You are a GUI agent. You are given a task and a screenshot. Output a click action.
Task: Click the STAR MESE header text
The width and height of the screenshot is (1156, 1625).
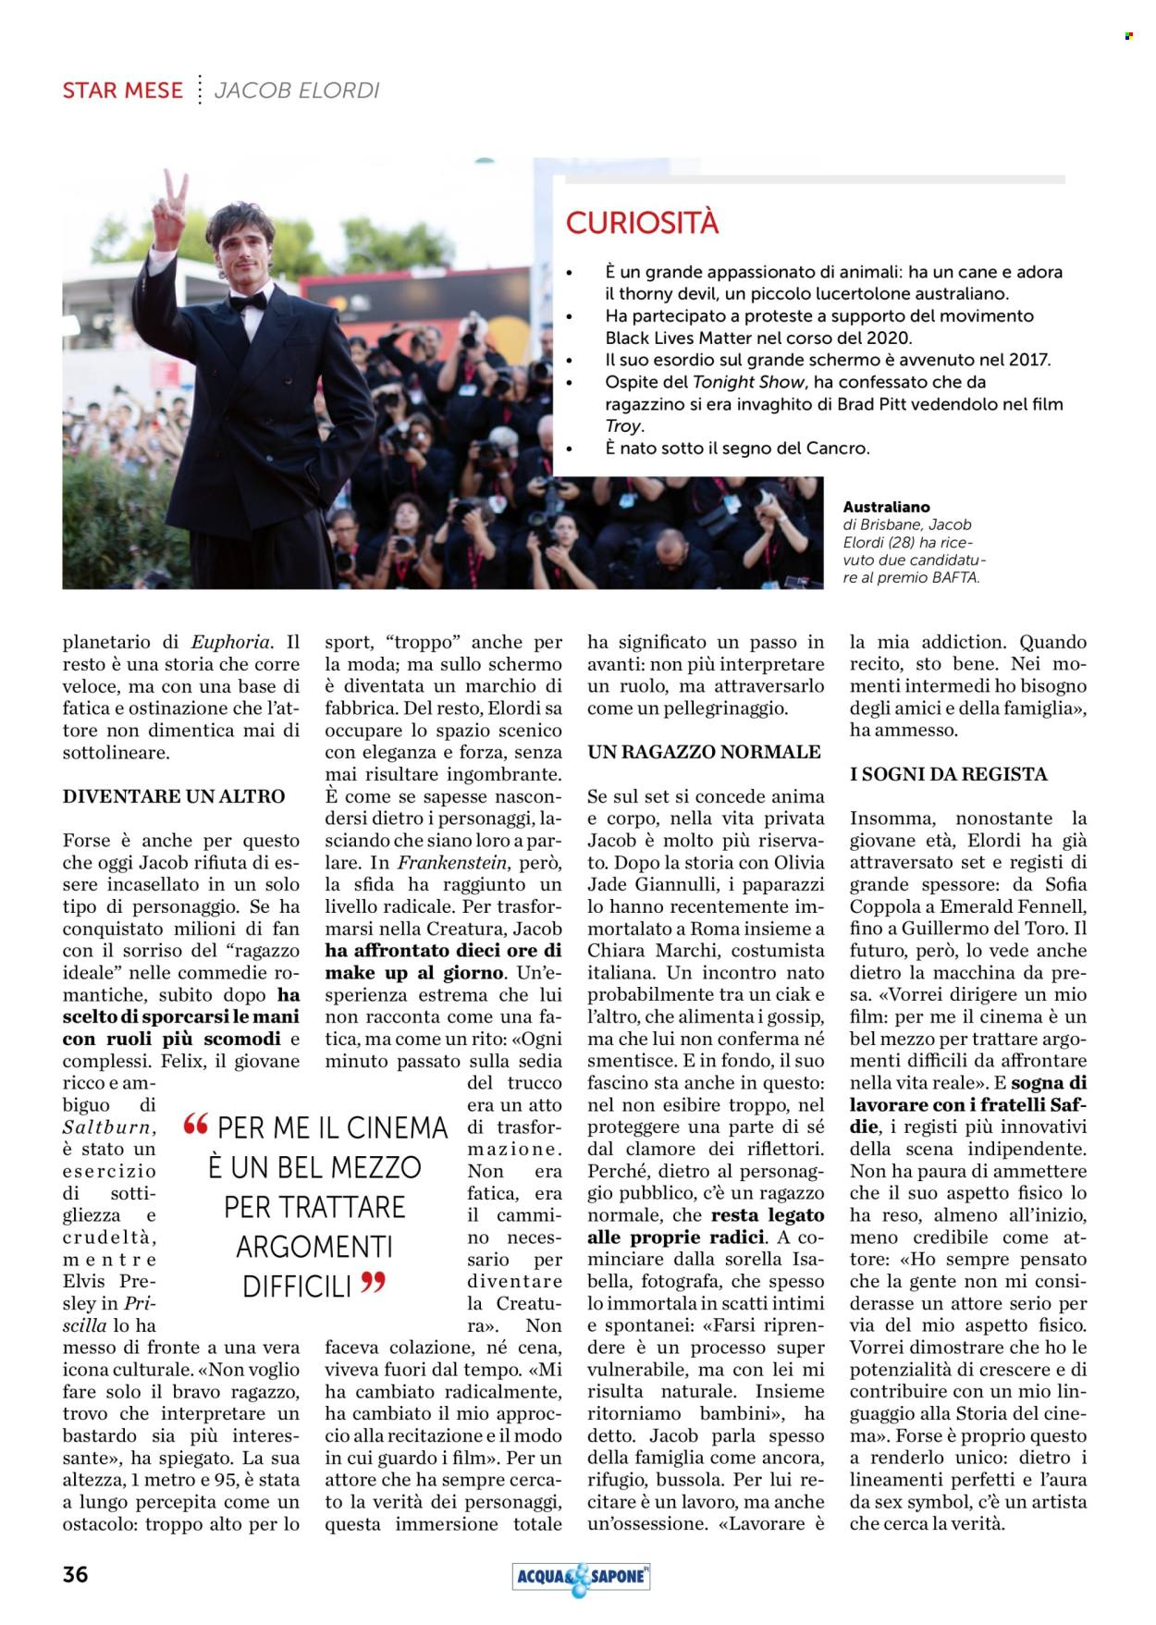(122, 91)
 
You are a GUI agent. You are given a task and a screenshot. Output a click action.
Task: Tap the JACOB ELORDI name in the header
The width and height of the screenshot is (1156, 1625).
(297, 91)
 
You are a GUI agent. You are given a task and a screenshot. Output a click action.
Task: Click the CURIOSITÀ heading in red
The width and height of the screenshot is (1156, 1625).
(642, 223)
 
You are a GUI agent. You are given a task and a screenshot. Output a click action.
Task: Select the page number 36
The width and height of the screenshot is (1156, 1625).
(76, 1574)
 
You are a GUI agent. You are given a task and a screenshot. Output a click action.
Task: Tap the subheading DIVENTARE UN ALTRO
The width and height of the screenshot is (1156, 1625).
(174, 796)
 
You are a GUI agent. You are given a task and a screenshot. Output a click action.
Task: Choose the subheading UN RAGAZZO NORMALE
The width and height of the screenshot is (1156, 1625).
(705, 752)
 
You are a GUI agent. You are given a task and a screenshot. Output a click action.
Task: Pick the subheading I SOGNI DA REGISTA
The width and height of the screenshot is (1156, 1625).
(949, 774)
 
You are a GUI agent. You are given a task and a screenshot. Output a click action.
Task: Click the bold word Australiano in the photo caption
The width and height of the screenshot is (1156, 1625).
(887, 507)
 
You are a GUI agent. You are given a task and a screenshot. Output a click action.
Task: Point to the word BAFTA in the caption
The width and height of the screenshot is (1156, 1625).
(955, 577)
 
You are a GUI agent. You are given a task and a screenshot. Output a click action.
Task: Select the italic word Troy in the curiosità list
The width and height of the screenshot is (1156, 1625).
(622, 426)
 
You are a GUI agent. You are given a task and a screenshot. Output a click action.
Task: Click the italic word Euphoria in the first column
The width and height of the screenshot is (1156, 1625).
(231, 642)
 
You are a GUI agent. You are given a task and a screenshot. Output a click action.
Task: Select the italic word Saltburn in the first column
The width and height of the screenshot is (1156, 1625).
(109, 1127)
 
